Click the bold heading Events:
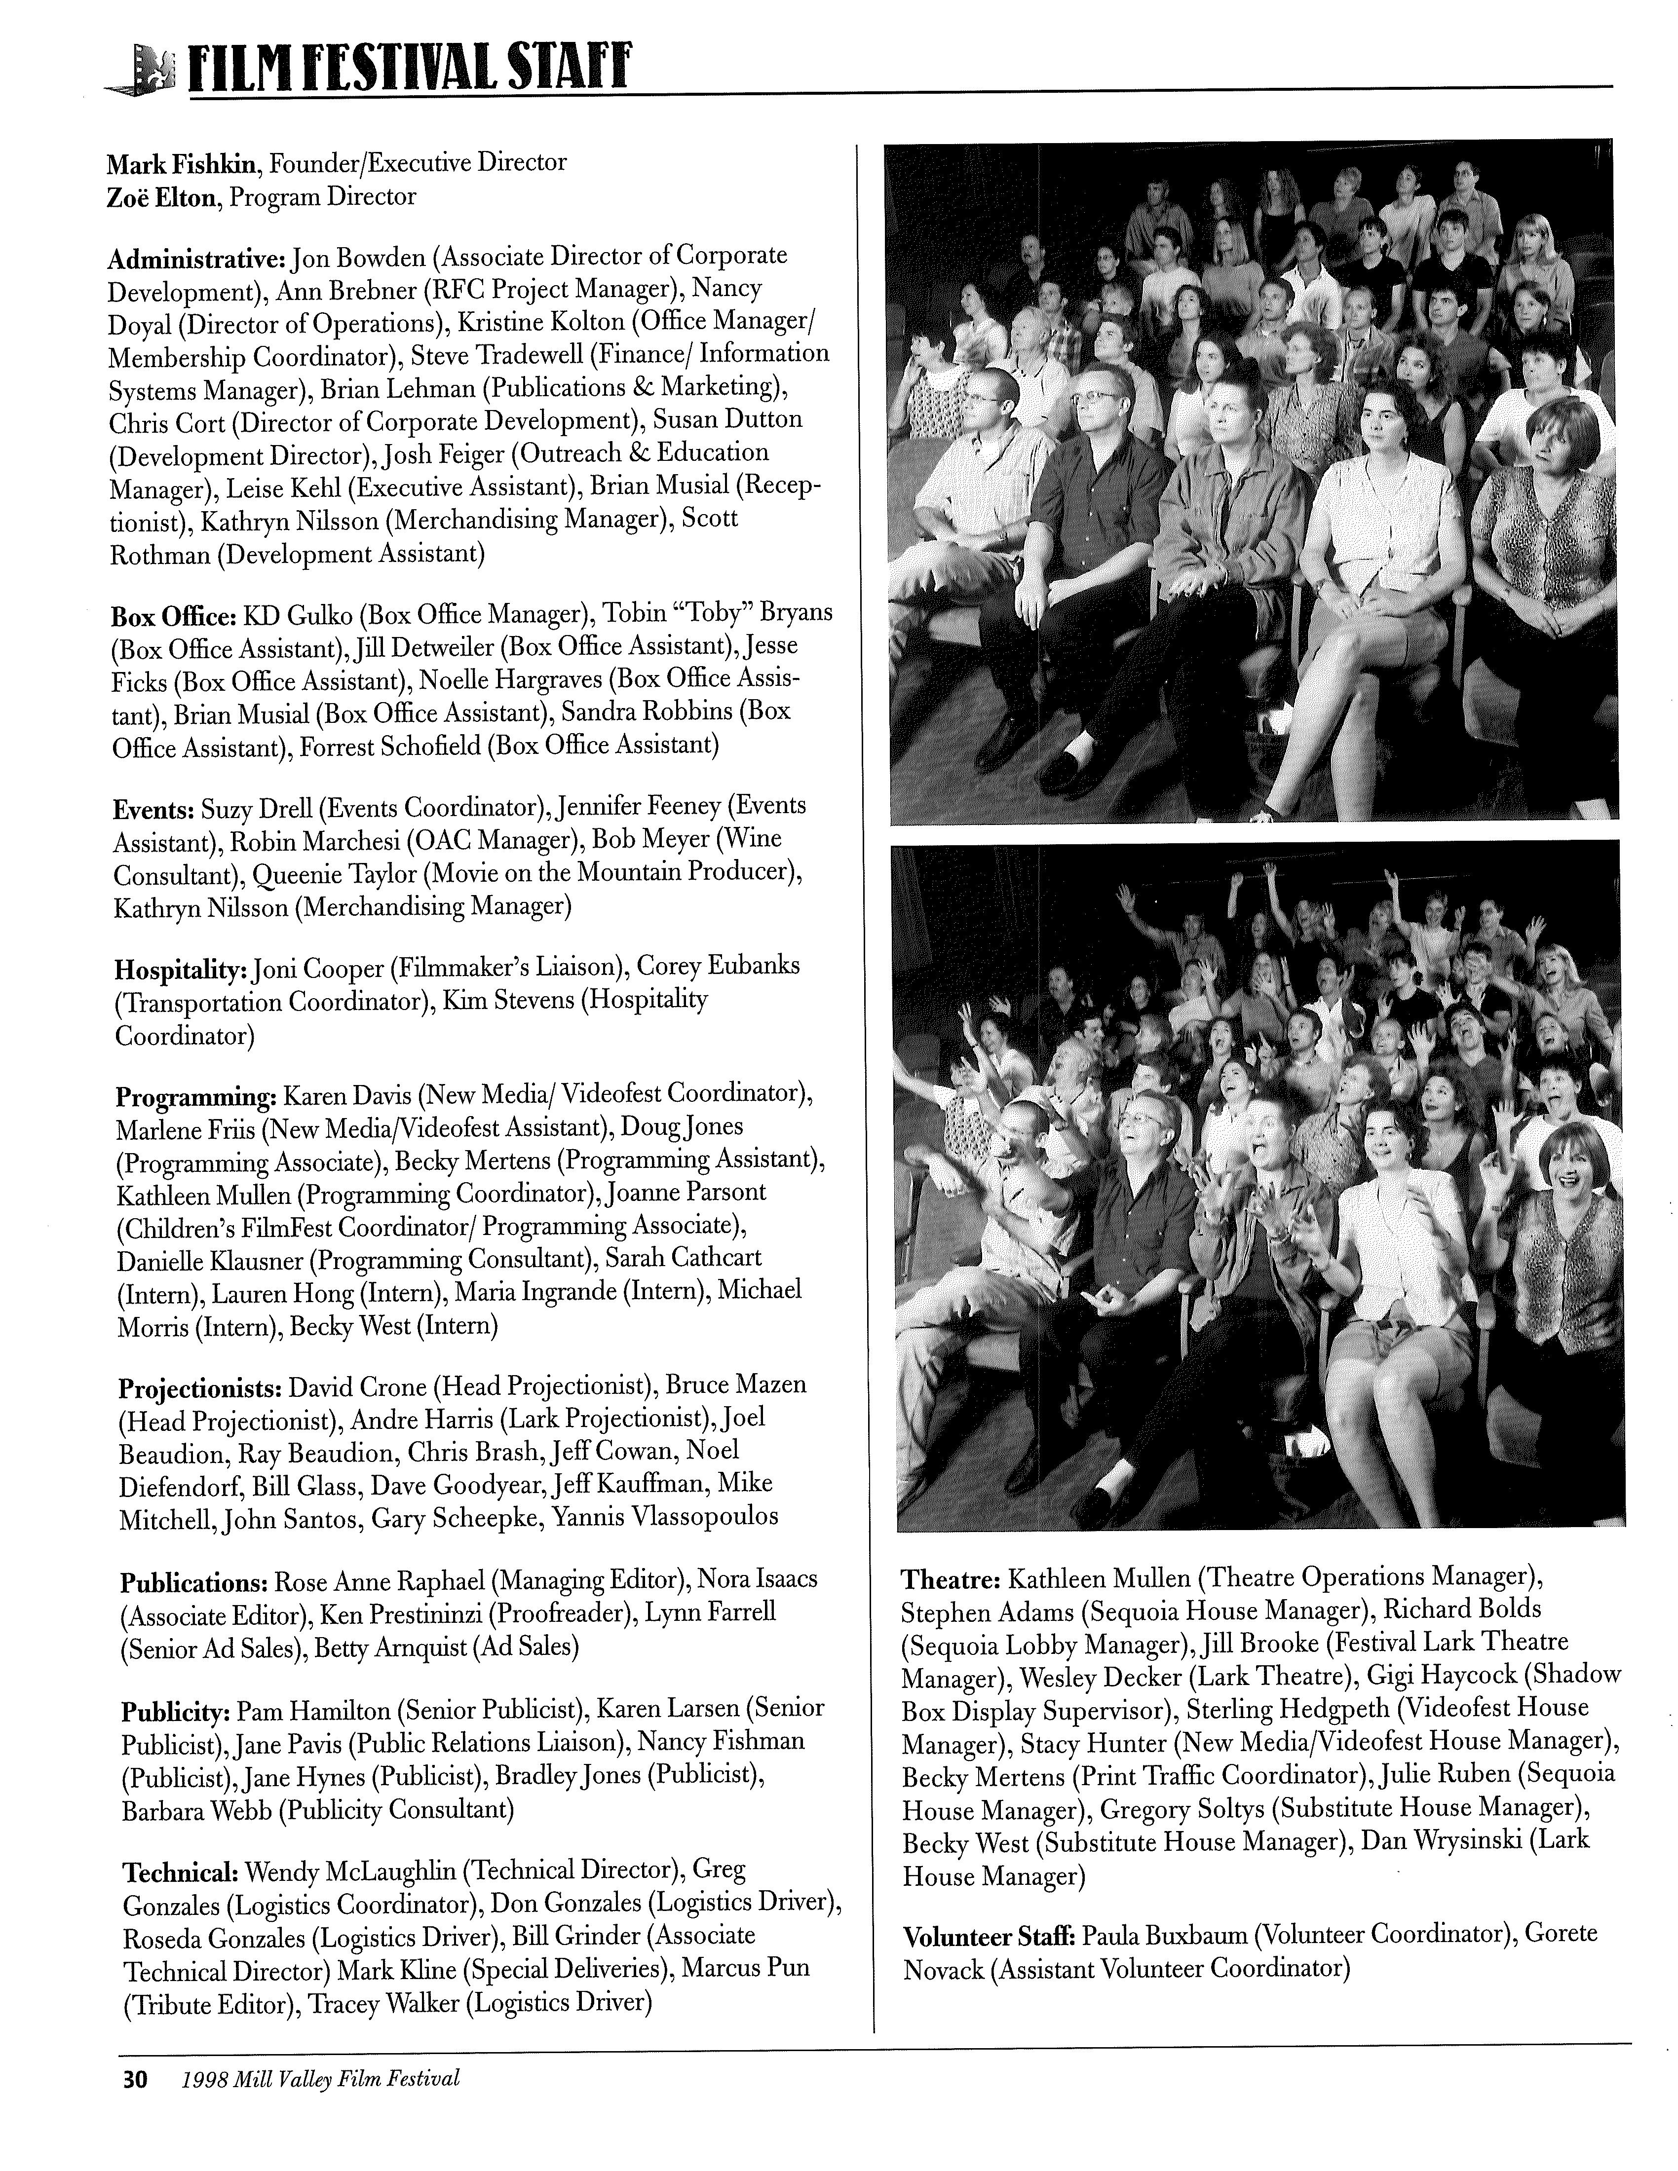(153, 808)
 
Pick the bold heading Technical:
(179, 1874)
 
